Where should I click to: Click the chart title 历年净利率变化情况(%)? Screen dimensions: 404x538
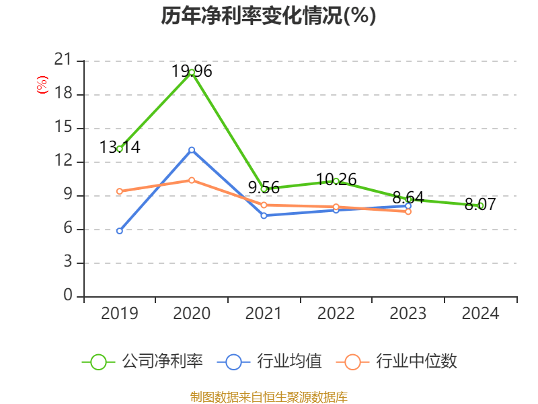(x=268, y=16)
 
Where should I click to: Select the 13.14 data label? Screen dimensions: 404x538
(x=120, y=147)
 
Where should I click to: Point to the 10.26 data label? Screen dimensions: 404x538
(x=336, y=179)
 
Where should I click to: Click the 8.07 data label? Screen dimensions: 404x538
(x=480, y=204)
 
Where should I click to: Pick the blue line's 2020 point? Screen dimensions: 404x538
(x=192, y=149)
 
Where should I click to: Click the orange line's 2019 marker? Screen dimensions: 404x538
(x=120, y=191)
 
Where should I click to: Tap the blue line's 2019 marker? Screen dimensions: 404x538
(x=120, y=231)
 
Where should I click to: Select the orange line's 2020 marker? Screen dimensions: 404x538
(x=192, y=180)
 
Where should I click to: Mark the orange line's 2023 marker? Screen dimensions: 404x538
(x=408, y=211)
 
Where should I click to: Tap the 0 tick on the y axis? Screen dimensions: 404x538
(x=67, y=296)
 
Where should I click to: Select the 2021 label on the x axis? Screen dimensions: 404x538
(x=264, y=314)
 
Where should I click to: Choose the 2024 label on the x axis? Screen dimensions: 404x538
(x=480, y=314)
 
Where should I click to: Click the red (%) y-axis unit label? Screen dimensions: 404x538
(x=42, y=85)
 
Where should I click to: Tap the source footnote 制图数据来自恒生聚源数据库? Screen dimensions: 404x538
(x=268, y=397)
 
